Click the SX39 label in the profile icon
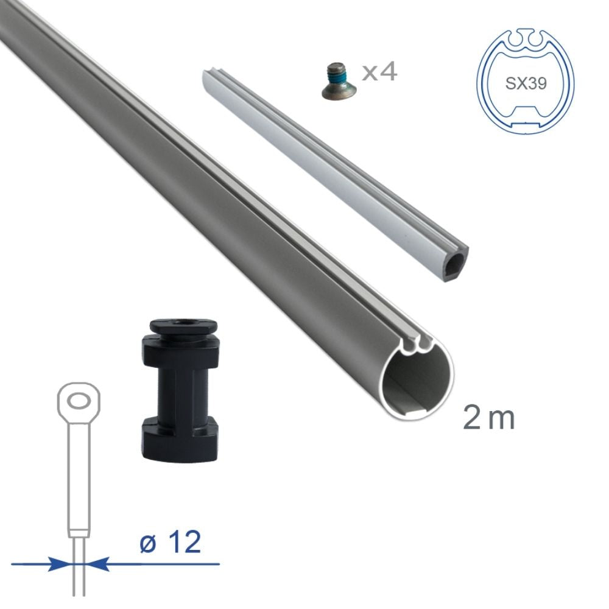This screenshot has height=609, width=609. tap(526, 83)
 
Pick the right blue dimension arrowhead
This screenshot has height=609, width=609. tap(98, 564)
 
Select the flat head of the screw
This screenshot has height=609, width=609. tap(334, 91)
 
